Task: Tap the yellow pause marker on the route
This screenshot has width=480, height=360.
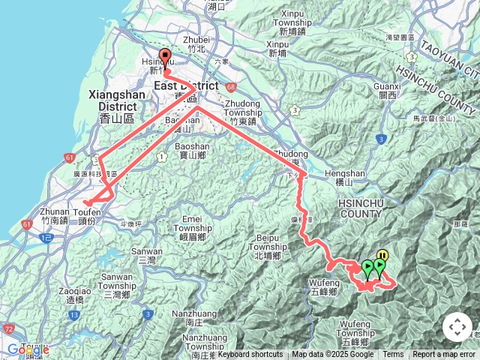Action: point(382,256)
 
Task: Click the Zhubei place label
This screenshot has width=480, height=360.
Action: point(196,40)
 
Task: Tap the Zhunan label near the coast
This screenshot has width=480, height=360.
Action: point(55,212)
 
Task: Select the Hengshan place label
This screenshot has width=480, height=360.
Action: point(350,173)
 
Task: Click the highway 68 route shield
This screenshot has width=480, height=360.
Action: point(229,87)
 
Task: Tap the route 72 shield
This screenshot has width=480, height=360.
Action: point(8,329)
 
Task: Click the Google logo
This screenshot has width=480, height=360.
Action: point(28,349)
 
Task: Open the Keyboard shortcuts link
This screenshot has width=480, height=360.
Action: point(250,355)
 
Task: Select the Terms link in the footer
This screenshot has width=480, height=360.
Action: point(393,355)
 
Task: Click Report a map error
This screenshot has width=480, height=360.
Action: point(444,355)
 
